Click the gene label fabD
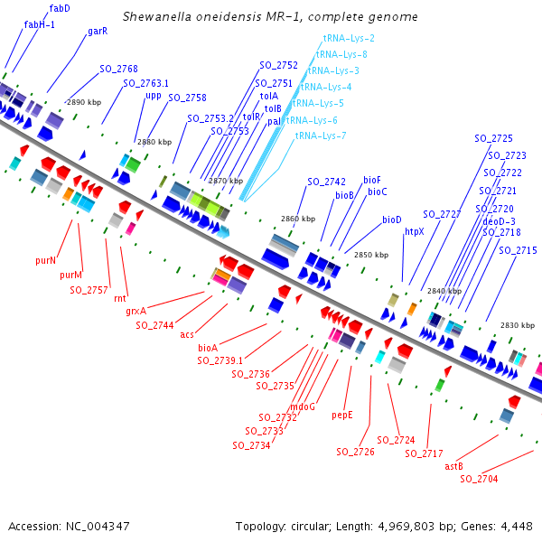click(61, 8)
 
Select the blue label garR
click(98, 31)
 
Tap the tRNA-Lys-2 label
click(349, 38)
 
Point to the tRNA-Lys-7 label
click(321, 135)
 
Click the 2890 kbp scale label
click(83, 103)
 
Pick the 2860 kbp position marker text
click(298, 219)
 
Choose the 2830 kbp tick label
click(517, 325)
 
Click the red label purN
click(46, 260)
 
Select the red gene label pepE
click(342, 416)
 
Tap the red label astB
click(454, 466)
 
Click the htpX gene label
click(415, 231)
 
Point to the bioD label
click(392, 220)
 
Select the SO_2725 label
click(493, 139)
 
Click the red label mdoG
click(303, 406)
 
